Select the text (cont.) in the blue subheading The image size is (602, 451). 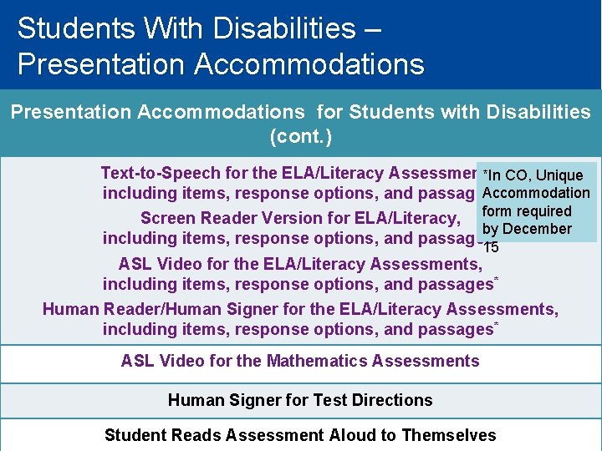[x=300, y=136]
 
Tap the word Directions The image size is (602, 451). [x=391, y=400]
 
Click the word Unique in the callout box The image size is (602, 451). [x=559, y=175]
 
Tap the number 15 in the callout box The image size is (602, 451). [x=492, y=247]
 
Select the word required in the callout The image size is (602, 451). [x=543, y=211]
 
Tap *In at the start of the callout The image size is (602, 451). [x=493, y=175]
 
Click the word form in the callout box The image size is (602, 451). [x=497, y=211]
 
